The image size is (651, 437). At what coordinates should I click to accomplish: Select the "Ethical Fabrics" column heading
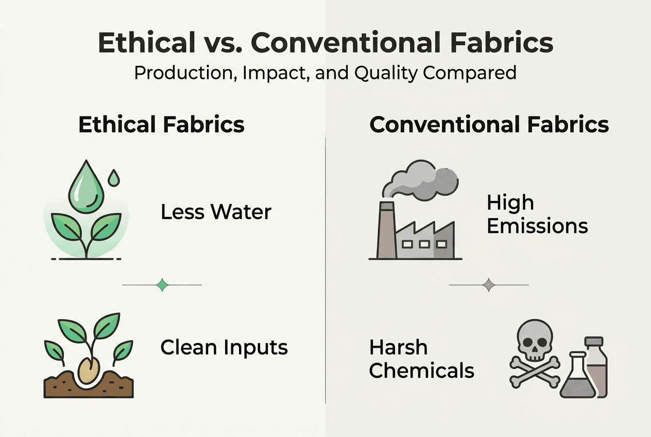[161, 125]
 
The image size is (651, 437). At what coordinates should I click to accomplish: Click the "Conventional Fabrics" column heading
[489, 125]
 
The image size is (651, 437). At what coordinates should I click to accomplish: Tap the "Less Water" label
[216, 212]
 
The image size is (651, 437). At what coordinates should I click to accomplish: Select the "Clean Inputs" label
[224, 347]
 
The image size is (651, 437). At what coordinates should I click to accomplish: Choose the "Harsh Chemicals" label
[421, 359]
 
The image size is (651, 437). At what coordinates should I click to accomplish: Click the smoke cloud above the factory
[424, 182]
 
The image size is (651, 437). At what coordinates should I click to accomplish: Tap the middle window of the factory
[424, 243]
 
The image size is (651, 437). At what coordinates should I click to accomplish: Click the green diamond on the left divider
[163, 285]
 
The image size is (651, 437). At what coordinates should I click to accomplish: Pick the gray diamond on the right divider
[489, 285]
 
